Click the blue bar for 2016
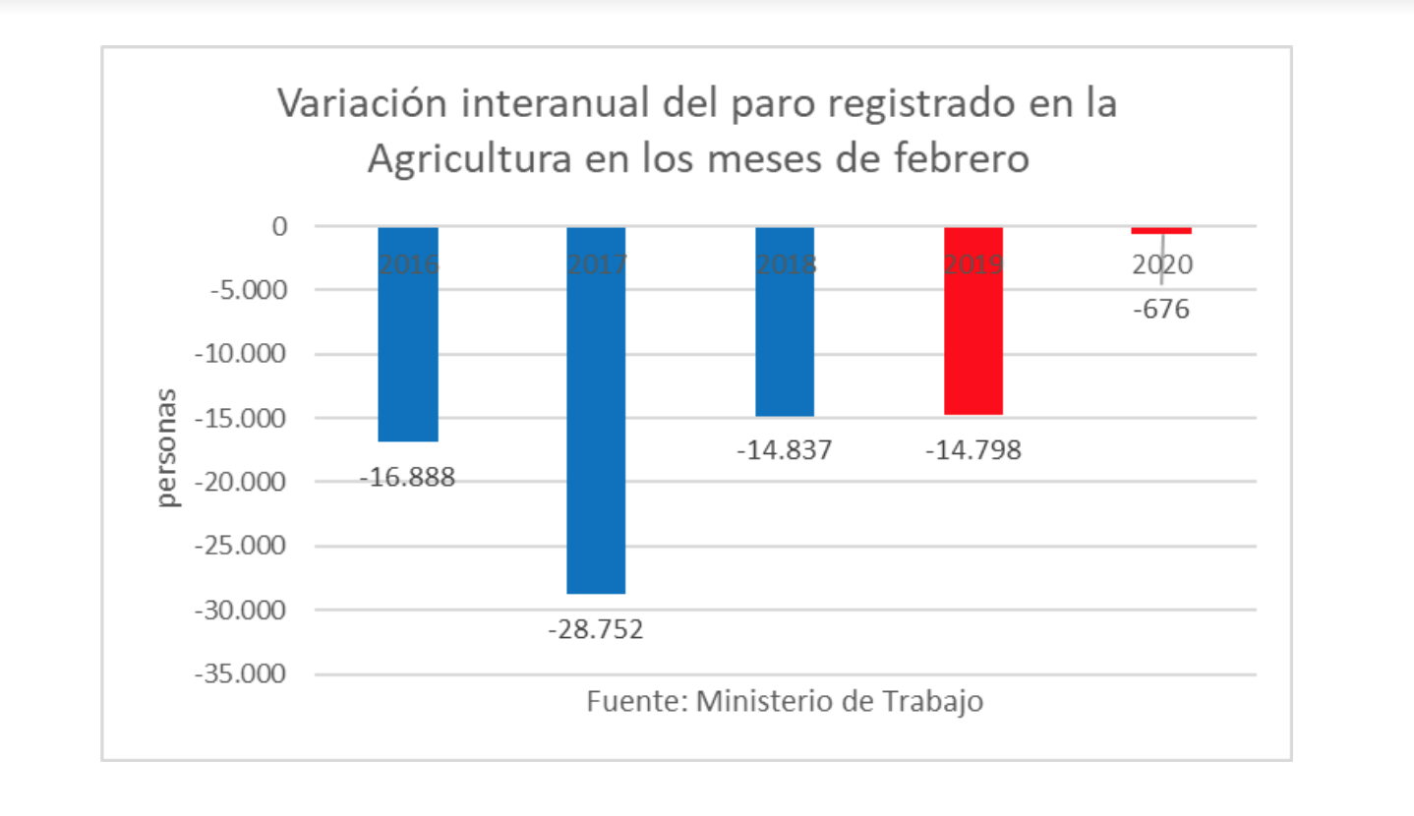(408, 334)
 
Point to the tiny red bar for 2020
(1161, 230)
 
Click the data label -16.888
(407, 479)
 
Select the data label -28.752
(596, 629)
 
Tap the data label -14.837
(785, 450)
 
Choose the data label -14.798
(973, 450)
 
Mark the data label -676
(1161, 310)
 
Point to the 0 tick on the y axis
(279, 226)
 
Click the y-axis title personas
(170, 448)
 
